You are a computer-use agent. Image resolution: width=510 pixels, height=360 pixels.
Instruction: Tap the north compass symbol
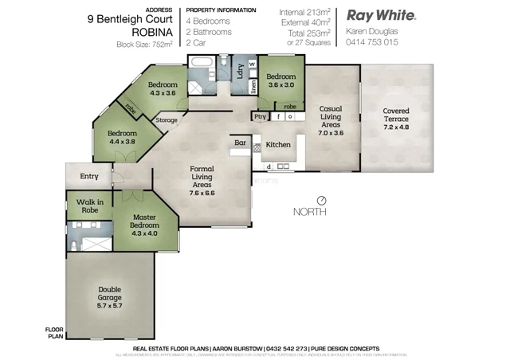pyautogui.click(x=321, y=200)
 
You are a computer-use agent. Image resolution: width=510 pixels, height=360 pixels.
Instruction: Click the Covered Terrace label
pyautogui.click(x=396, y=115)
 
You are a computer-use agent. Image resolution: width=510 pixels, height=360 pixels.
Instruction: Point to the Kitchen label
pyautogui.click(x=278, y=145)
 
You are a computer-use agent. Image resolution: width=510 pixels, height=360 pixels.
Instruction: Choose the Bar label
pyautogui.click(x=239, y=143)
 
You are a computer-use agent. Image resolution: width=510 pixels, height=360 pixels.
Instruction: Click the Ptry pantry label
pyautogui.click(x=260, y=116)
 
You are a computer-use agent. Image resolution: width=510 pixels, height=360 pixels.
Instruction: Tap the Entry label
pyautogui.click(x=88, y=177)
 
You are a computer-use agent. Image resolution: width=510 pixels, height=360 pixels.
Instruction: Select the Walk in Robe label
pyautogui.click(x=90, y=206)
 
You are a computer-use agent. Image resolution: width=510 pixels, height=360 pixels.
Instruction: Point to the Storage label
pyautogui.click(x=167, y=120)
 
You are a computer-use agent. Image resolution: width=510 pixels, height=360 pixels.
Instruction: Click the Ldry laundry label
pyautogui.click(x=239, y=70)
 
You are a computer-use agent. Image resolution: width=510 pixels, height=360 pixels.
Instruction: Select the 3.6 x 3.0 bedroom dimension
pyautogui.click(x=281, y=84)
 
